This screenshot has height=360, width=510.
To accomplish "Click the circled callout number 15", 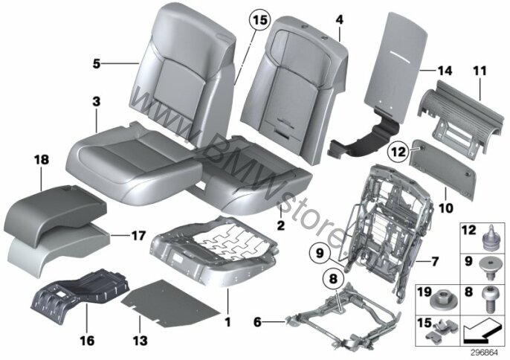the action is tap(260, 20).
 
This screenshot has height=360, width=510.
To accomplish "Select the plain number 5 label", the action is tap(97, 63).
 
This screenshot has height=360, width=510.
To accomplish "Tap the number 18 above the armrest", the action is tap(42, 160).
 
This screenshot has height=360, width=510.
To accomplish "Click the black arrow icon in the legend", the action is tap(482, 331).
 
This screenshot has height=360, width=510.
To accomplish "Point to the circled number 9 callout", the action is tap(320, 253).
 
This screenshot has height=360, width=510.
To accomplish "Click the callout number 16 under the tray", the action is tap(87, 341).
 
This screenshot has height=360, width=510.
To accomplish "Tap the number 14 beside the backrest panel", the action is tap(445, 71).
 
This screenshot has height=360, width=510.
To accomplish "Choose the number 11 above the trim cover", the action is tap(480, 71).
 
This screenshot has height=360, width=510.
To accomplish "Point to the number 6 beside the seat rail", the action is tap(257, 322).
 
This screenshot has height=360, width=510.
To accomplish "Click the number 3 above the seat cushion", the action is tap(97, 102).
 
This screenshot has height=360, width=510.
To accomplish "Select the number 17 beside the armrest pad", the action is tap(138, 235).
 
